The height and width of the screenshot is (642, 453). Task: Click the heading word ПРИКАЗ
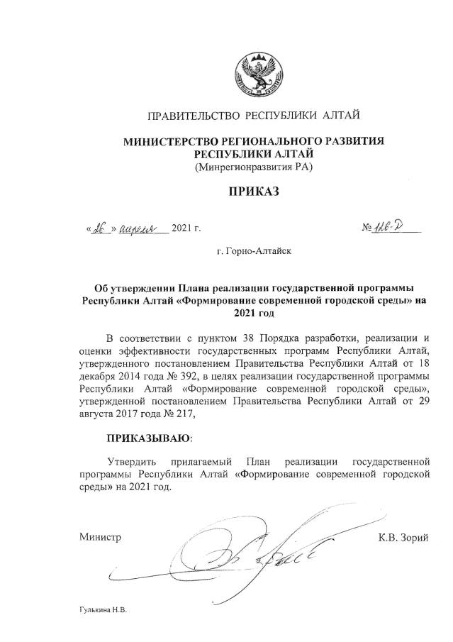(253, 192)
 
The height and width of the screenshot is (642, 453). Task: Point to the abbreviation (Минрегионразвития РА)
(253, 167)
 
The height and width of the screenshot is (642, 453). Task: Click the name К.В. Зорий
(403, 537)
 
